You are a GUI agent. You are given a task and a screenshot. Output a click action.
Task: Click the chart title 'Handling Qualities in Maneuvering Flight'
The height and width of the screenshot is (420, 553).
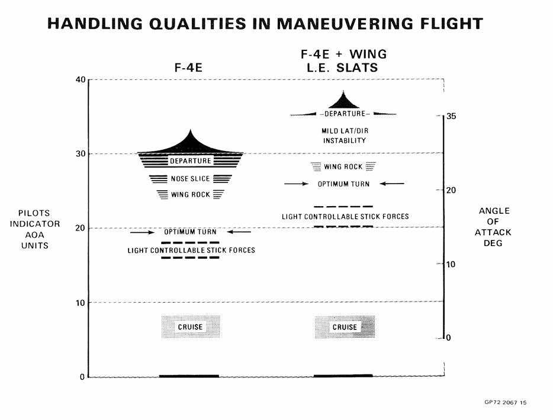tap(265, 24)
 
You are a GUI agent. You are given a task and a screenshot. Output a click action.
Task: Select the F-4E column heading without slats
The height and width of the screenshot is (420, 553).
tap(188, 68)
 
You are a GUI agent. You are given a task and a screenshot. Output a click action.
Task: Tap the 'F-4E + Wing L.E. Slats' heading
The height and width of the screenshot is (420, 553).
tap(343, 60)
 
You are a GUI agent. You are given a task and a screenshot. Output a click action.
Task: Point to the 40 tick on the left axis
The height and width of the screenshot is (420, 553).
tap(81, 80)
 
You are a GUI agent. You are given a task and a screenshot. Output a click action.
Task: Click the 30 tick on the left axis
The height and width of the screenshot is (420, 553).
tap(81, 154)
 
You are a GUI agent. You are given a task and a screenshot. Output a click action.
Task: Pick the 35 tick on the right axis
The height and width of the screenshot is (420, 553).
tap(451, 116)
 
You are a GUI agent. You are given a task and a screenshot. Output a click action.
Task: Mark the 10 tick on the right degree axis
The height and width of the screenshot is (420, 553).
tap(451, 264)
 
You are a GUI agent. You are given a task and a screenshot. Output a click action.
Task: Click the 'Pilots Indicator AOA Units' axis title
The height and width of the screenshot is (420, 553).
tap(34, 229)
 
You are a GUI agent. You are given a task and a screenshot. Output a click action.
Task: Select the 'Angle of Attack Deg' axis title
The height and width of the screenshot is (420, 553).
tap(493, 227)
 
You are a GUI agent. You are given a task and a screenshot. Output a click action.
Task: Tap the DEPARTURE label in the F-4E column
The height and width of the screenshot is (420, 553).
tap(191, 161)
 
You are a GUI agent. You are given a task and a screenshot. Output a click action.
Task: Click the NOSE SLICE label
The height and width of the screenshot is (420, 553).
tap(191, 179)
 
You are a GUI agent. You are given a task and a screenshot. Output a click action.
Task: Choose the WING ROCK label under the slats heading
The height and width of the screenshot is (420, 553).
tap(343, 166)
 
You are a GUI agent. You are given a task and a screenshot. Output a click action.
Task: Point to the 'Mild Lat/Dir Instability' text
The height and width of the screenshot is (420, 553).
tap(345, 136)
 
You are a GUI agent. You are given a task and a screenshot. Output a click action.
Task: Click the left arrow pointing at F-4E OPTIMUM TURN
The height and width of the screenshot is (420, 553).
tap(143, 232)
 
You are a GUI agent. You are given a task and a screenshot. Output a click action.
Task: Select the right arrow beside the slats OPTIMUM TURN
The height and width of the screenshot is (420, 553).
tap(392, 184)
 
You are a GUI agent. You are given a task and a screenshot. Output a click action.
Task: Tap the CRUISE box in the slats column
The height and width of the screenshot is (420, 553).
tap(345, 327)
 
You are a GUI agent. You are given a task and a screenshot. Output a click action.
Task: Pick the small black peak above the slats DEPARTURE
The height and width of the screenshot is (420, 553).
tap(343, 101)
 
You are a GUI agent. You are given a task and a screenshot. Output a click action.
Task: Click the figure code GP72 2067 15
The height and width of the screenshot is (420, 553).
tap(506, 402)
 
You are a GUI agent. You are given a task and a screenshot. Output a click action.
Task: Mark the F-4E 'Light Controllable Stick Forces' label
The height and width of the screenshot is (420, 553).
tap(191, 250)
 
